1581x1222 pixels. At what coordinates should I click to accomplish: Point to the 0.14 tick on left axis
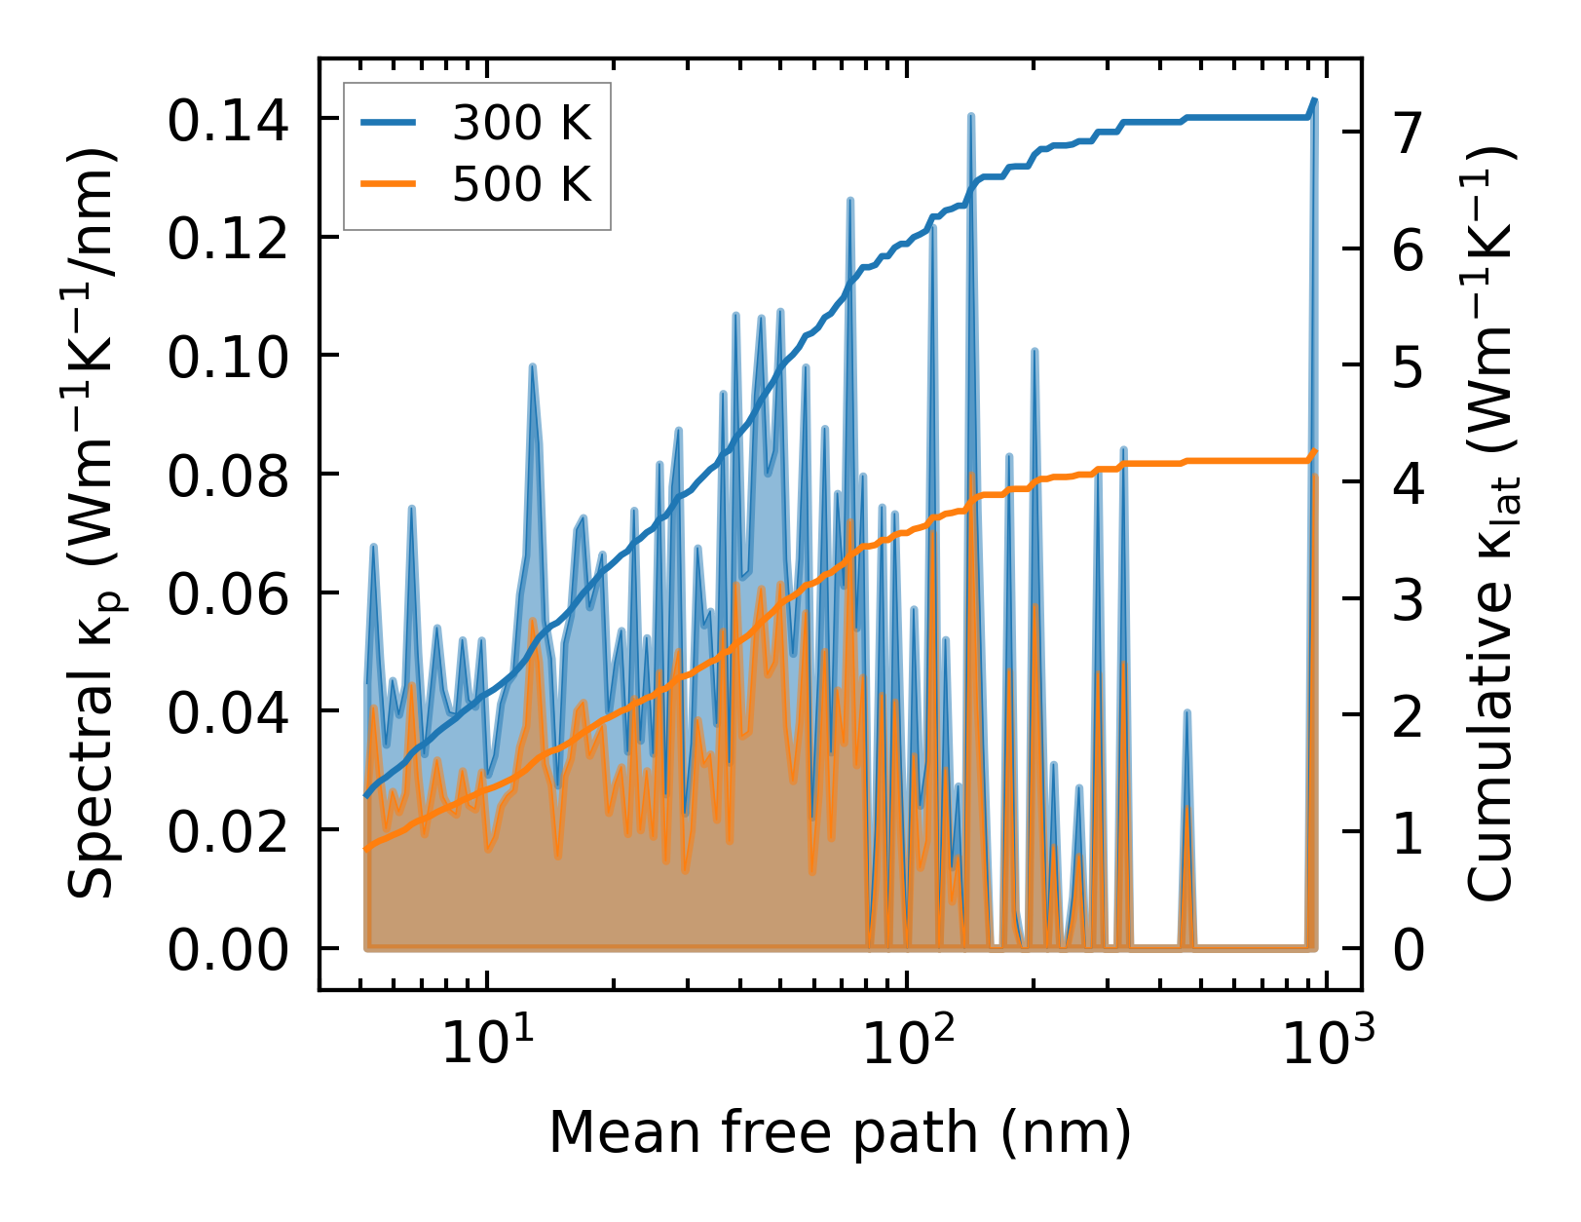point(228,121)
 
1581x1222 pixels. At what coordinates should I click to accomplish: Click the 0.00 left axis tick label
point(228,949)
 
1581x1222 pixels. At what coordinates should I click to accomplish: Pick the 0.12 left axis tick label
point(228,239)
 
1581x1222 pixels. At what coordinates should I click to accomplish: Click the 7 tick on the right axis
point(1408,133)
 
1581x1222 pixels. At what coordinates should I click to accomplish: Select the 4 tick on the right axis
point(1408,482)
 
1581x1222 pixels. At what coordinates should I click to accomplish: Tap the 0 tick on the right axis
point(1408,949)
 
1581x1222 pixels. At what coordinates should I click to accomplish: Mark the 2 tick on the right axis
point(1408,715)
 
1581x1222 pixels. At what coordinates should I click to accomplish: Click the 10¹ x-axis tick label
point(485,1045)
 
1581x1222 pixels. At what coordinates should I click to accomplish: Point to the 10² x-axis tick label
point(907,1045)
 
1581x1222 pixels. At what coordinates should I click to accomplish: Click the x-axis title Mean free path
point(840,1132)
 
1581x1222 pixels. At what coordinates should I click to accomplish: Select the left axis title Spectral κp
point(94,526)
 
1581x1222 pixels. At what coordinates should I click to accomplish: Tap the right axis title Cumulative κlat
point(1491,526)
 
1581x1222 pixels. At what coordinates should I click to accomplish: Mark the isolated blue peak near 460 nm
point(1187,713)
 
